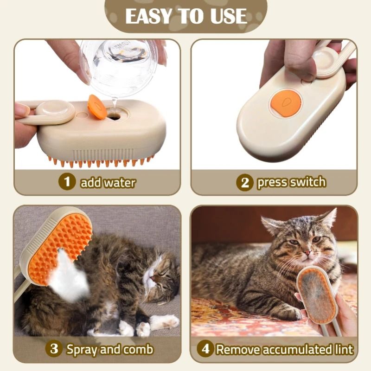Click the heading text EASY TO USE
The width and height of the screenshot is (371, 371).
185,16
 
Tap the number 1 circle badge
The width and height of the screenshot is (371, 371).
67,182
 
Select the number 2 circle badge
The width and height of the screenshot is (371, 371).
245,182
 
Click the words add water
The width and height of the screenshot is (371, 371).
108,182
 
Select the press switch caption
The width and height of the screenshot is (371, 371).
291,182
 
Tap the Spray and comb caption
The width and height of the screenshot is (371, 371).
109,349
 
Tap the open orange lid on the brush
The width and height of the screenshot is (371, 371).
96,107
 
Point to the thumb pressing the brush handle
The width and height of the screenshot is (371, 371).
297,60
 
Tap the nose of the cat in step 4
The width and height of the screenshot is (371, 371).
307,253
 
